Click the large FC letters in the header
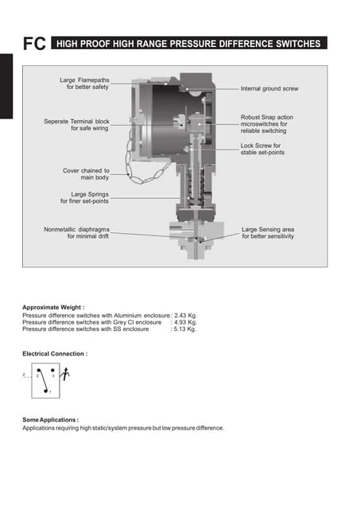33,45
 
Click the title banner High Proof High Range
190,45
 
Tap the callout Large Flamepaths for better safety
84,84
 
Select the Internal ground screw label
270,89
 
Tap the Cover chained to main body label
86,174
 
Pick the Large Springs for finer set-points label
84,197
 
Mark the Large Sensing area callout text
268,232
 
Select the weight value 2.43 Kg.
185,315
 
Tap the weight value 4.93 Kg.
185,322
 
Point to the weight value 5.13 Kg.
185,328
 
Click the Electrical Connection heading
55,353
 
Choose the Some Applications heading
50,419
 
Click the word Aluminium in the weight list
130,315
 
